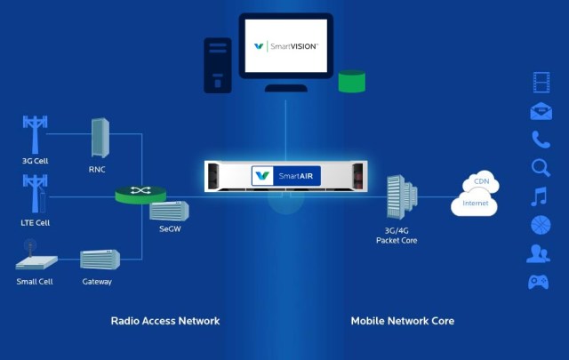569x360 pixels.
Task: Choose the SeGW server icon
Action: [x=168, y=212]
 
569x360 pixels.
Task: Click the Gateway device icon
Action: [x=99, y=260]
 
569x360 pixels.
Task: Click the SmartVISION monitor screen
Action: [x=286, y=46]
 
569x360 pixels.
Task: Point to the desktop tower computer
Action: [x=217, y=64]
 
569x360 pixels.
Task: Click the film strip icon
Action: [x=541, y=83]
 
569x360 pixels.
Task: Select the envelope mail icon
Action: [x=541, y=111]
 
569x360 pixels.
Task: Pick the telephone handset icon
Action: [x=541, y=139]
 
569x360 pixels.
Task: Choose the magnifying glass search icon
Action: [x=541, y=167]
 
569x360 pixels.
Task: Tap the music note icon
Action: [x=539, y=196]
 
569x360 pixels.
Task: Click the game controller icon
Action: [x=539, y=282]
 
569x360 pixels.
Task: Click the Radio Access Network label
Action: [x=164, y=321]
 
